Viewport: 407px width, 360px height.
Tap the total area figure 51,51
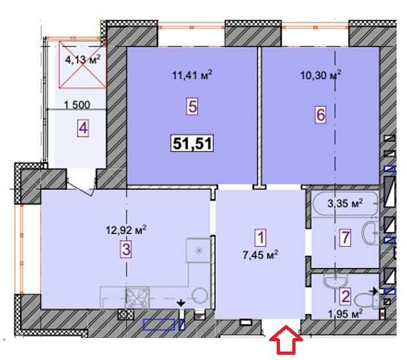[x=192, y=143]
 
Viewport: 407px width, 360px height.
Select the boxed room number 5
[x=192, y=106]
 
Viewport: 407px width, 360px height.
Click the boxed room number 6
[x=320, y=114]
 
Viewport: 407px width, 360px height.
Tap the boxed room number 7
[x=345, y=238]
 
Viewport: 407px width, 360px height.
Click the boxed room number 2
[x=345, y=298]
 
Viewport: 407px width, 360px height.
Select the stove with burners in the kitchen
[x=137, y=298]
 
